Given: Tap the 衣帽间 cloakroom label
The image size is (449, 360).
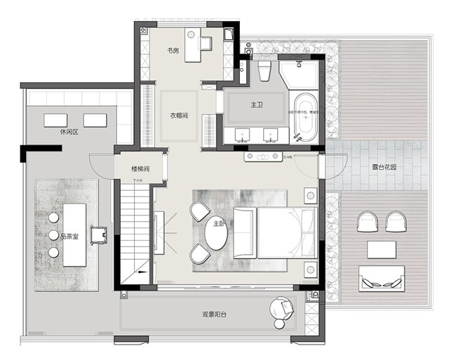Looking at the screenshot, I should tap(178, 116).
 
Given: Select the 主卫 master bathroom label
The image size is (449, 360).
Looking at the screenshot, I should tap(257, 105).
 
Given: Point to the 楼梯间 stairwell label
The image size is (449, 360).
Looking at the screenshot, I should tap(140, 168).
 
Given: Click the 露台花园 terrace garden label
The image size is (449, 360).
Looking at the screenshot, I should tap(384, 168).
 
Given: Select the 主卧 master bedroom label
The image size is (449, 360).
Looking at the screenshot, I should tap(220, 223).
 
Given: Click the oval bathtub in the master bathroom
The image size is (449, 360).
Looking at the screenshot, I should tap(304, 113).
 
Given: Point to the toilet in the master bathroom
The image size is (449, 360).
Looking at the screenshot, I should tap(264, 70).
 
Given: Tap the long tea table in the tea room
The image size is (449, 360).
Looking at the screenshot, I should tap(74, 234).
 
